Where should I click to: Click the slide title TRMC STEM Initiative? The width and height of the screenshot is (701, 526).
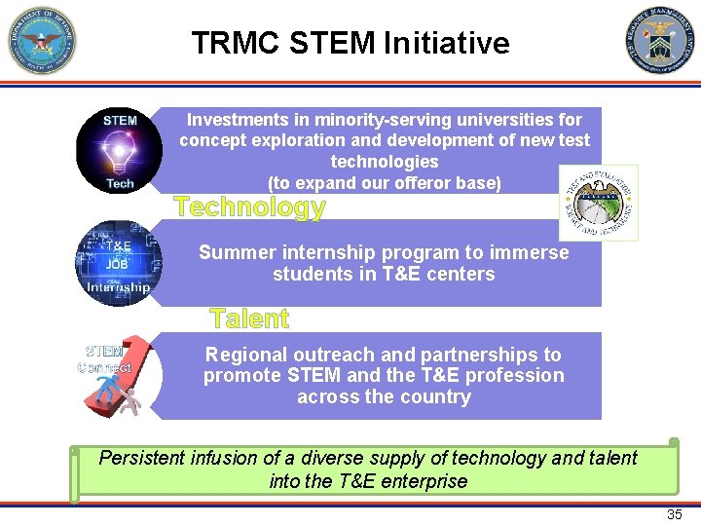click(350, 43)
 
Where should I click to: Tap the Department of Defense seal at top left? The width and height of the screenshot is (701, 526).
click(41, 41)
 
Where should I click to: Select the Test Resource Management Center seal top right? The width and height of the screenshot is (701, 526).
click(660, 41)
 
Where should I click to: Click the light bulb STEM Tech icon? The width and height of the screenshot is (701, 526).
click(120, 151)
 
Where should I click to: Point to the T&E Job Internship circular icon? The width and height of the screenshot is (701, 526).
click(119, 264)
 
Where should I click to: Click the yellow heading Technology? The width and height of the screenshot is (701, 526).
click(249, 207)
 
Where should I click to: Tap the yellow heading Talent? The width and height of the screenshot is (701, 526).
click(249, 319)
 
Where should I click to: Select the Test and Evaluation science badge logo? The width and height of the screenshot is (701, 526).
click(598, 203)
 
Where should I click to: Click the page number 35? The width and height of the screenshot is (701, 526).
click(674, 514)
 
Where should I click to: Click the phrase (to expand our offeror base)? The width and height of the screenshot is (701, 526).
click(384, 183)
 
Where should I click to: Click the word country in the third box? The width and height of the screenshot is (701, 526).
click(435, 396)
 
